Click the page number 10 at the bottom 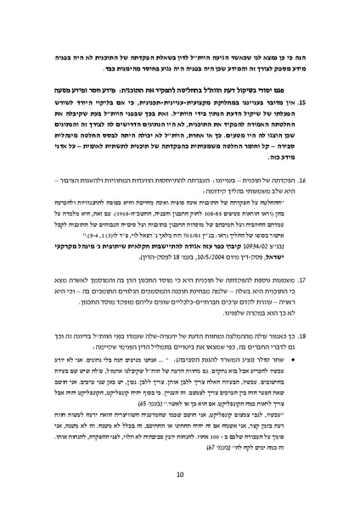pos(180,474)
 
